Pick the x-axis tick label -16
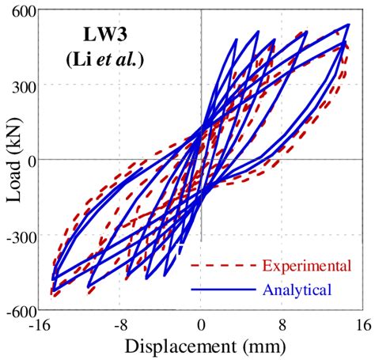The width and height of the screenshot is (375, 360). [x=42, y=325]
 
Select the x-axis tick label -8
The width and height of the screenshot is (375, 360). [x=120, y=325]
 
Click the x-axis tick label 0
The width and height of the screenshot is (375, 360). [x=202, y=325]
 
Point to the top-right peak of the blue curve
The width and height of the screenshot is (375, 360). [x=349, y=25]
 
